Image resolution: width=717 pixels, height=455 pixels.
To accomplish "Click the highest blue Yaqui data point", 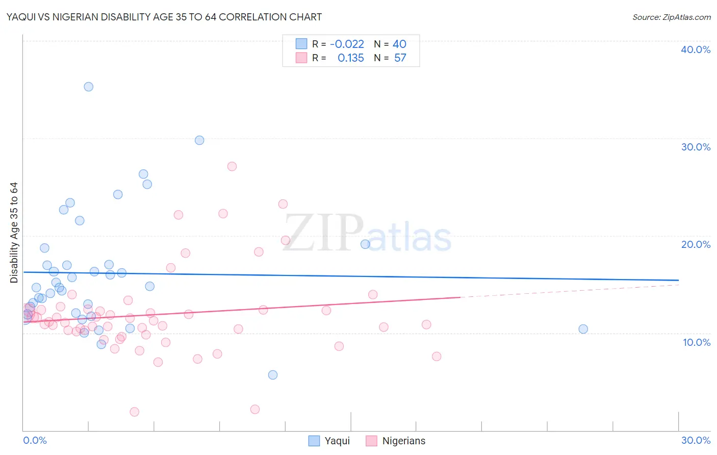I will point(88,87).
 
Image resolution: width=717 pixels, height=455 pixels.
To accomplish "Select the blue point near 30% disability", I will point(199,140).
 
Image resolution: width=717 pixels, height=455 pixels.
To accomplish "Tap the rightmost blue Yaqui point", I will point(583,329).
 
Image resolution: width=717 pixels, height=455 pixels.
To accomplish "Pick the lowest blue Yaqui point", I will point(273,375).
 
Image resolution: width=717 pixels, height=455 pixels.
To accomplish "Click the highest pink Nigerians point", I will point(232,166).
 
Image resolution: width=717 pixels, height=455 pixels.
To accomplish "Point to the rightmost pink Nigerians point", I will point(437,357).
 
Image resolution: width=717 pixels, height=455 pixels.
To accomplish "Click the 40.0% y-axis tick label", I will point(696,49).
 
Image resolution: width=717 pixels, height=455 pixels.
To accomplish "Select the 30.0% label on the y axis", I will point(696,147).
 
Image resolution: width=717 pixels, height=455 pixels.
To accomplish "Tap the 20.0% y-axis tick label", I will point(696,244).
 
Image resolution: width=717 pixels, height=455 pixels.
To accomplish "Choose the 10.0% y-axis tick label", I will point(696,342).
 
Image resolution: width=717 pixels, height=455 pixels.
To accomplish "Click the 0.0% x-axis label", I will point(35,440).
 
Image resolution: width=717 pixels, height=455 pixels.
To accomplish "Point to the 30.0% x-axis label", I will point(696,440).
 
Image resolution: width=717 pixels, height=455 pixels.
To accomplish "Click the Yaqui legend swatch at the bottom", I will point(314,441).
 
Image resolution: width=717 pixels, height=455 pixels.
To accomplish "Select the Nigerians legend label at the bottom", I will point(403,441).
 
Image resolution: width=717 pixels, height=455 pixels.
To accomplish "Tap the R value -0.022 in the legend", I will point(347,44).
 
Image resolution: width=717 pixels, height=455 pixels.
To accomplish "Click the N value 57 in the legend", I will point(400,58).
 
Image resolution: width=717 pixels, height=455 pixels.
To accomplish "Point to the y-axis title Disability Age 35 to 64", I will point(14,233).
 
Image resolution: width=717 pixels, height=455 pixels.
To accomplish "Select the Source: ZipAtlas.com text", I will point(671,17).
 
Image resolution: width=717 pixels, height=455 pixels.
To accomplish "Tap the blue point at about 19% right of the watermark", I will point(365,244).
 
